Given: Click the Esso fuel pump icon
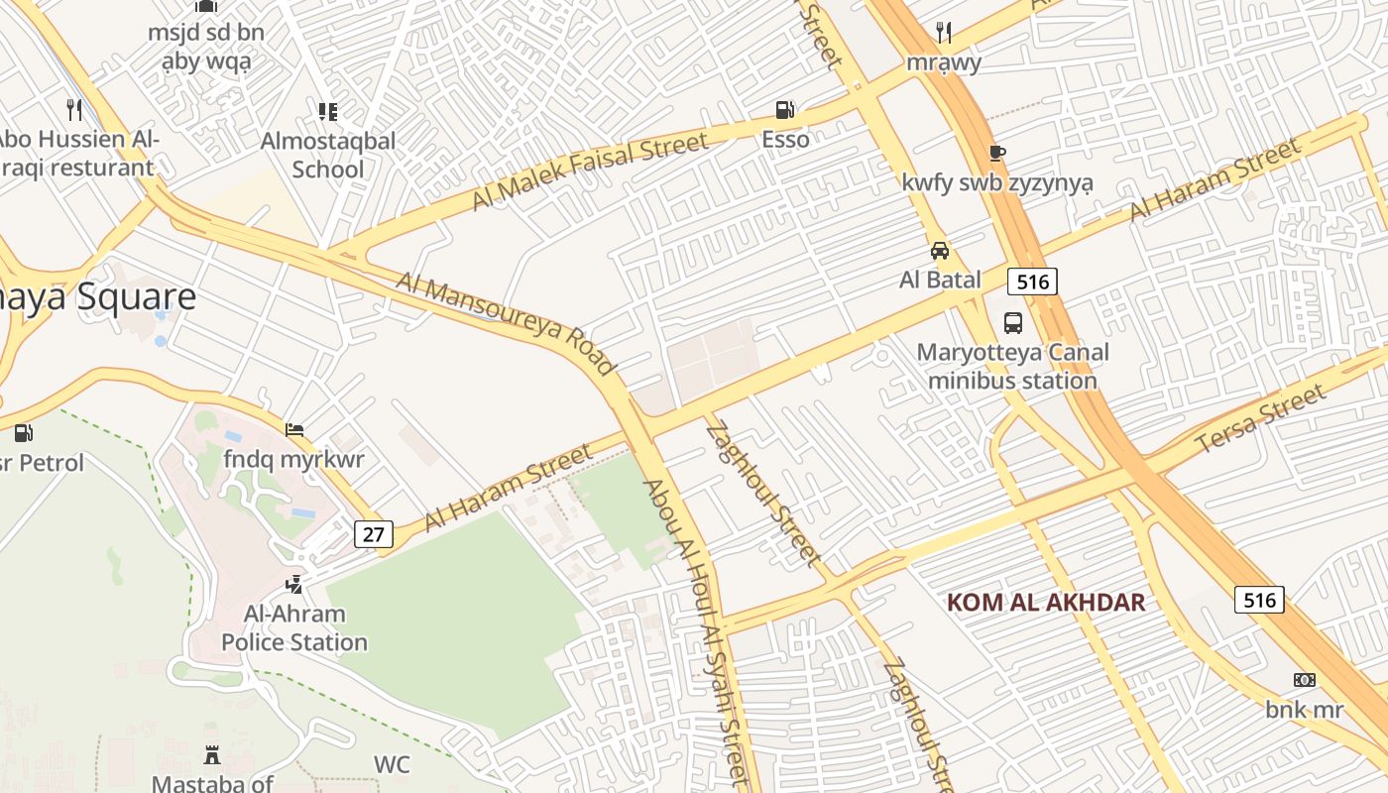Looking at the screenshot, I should (x=784, y=109).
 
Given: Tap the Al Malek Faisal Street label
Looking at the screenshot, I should (x=590, y=170).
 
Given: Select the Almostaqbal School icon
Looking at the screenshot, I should (x=327, y=111).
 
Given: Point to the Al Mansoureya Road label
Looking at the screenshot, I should (x=506, y=323).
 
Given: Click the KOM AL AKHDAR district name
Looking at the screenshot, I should (x=1046, y=602).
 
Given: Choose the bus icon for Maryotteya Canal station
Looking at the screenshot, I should (x=1012, y=323).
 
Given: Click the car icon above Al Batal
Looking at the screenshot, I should (x=939, y=250).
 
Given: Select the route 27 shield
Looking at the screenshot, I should (x=373, y=534).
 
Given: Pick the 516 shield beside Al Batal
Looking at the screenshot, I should (x=1032, y=282).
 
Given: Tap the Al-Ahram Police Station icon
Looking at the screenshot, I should (x=293, y=585).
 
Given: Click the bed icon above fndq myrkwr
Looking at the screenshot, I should (x=294, y=430).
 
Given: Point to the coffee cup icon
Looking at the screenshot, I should (x=996, y=153).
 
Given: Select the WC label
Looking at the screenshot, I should (x=392, y=764).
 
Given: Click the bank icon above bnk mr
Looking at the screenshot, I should (x=1305, y=680).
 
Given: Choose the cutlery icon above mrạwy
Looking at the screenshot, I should (x=944, y=34).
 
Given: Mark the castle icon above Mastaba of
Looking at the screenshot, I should (x=211, y=755).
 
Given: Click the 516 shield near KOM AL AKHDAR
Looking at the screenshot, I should (x=1259, y=599).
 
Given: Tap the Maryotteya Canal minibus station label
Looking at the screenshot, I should (x=1012, y=366).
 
